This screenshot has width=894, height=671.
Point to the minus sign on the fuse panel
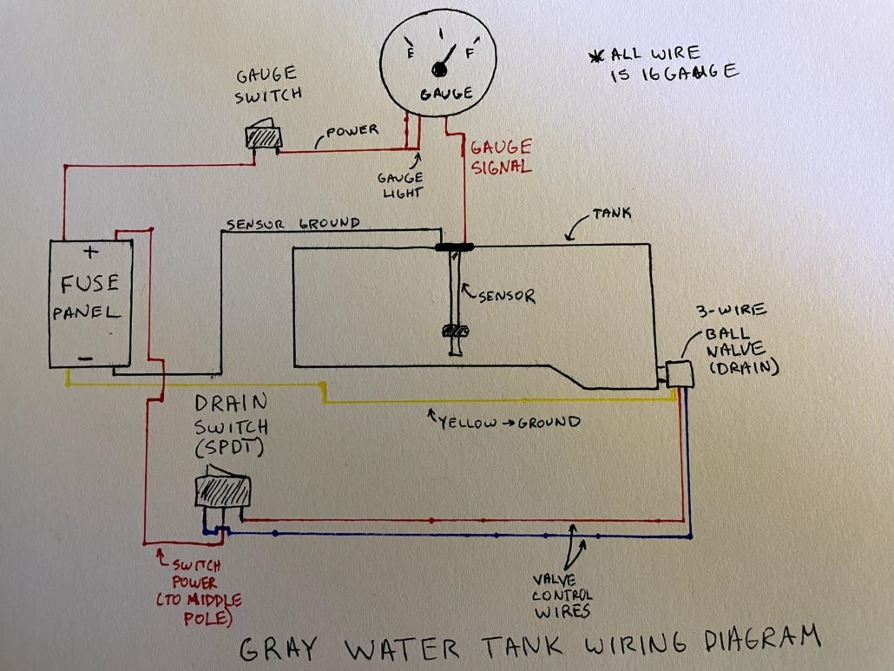click(x=86, y=357)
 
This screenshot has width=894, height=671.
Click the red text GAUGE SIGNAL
click(x=501, y=157)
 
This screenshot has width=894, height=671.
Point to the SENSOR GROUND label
click(x=293, y=223)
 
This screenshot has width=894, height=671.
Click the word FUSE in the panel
click(x=89, y=285)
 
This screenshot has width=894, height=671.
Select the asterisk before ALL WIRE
click(x=595, y=57)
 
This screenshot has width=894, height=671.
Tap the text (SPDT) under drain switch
click(x=230, y=448)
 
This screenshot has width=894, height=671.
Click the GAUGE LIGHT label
click(x=400, y=184)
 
